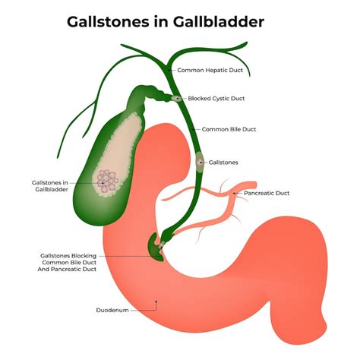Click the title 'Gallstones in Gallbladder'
166,22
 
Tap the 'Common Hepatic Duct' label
210,70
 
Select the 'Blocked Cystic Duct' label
216,99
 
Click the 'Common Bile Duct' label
229,129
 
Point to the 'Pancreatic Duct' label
267,193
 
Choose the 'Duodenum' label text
112,310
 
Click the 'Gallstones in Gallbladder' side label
50,186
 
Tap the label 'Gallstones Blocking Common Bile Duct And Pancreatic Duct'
67,263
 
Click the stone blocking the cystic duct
177,98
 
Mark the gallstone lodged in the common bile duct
200,162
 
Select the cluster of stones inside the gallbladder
108,181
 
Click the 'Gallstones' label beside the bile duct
223,163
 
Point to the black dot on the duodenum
156,302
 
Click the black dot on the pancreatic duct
234,193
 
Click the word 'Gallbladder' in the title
219,22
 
